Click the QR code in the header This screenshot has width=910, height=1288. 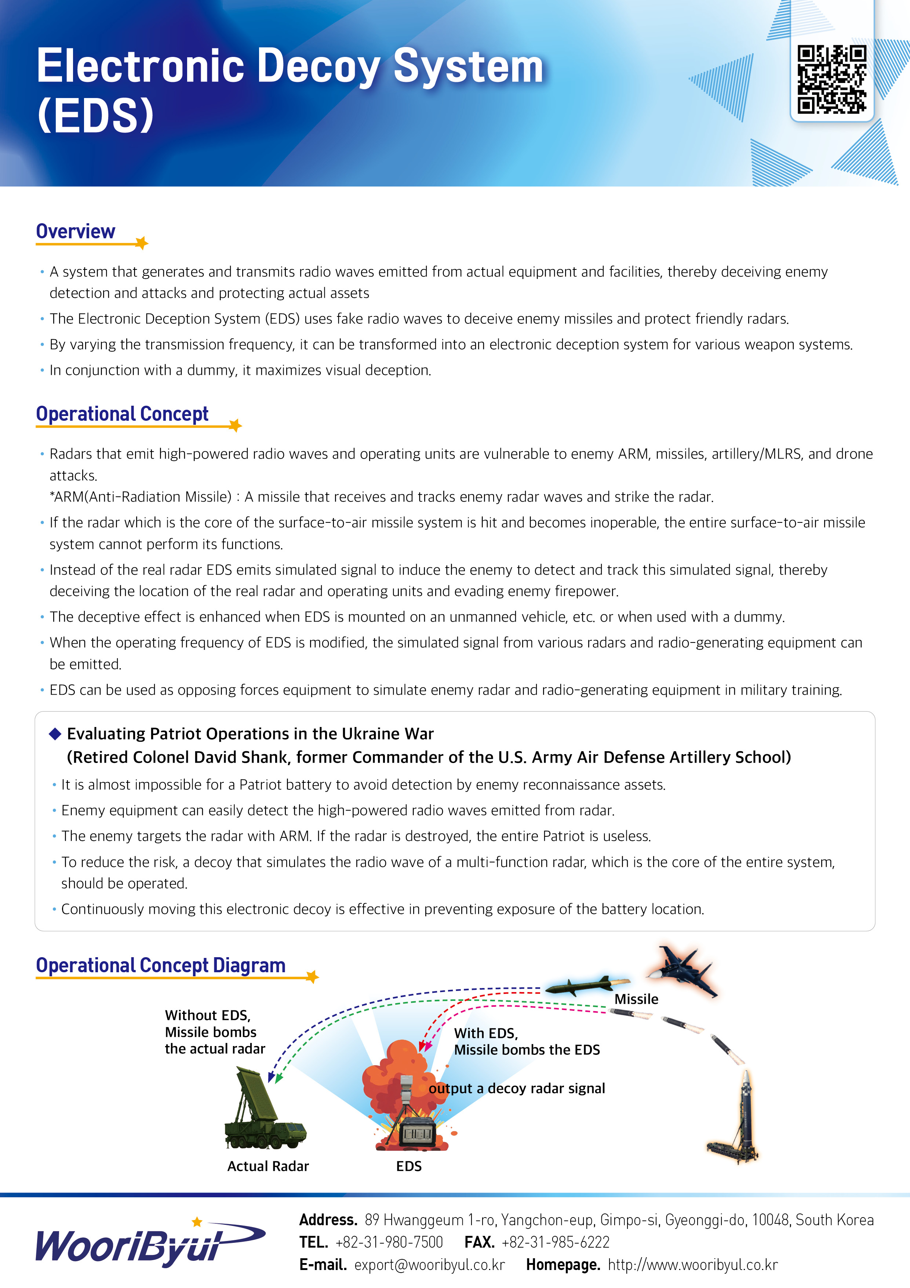coord(831,79)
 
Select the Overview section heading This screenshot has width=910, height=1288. coord(76,231)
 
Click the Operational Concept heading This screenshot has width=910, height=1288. coord(122,414)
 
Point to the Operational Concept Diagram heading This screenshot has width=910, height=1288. coord(161,965)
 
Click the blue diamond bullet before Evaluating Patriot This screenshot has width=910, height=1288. coord(55,734)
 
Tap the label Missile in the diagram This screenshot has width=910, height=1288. coord(636,999)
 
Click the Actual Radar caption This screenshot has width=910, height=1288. coord(268,1166)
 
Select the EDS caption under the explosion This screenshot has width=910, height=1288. coord(409,1166)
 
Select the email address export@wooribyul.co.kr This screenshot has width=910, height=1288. coord(429,1265)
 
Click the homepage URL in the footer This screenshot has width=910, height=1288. coord(693,1265)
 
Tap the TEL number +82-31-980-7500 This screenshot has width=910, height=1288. coord(389,1242)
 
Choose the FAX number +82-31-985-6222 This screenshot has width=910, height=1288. coord(556,1242)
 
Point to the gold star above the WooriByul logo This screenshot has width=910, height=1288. coord(197,1221)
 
